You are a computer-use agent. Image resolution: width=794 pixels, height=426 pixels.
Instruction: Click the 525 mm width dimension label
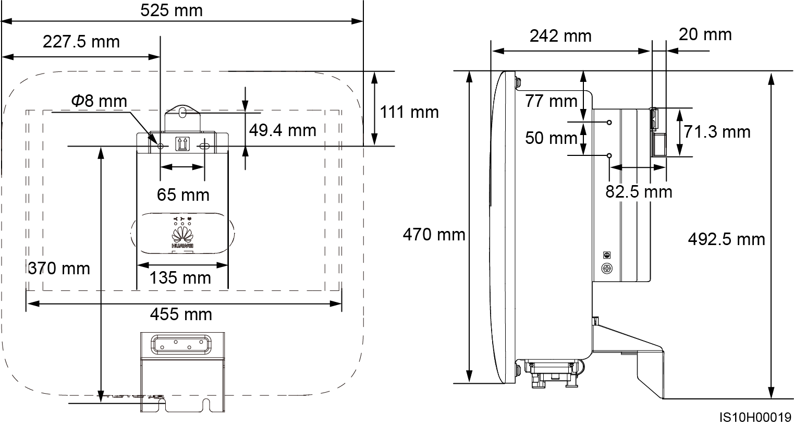pyautogui.click(x=172, y=10)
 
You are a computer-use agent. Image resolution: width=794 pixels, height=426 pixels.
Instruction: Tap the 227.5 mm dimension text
pyautogui.click(x=81, y=42)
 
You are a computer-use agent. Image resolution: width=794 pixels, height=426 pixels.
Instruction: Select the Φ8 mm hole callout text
pyautogui.click(x=99, y=101)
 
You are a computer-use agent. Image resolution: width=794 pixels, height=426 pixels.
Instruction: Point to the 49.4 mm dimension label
pyautogui.click(x=283, y=130)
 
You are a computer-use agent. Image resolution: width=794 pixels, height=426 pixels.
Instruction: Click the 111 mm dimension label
pyautogui.click(x=409, y=112)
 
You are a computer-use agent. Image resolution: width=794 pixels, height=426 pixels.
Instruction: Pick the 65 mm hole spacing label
pyautogui.click(x=183, y=195)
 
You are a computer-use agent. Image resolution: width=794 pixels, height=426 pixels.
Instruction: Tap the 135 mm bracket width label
pyautogui.click(x=180, y=278)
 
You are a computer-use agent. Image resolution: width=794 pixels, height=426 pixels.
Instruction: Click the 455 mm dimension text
pyautogui.click(x=181, y=314)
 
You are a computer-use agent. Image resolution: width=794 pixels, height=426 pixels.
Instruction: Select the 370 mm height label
pyautogui.click(x=59, y=269)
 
